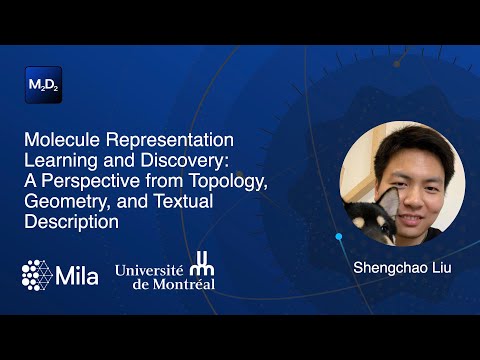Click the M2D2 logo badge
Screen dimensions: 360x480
(42, 84)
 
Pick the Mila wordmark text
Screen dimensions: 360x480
(79, 273)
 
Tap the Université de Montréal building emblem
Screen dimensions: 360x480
(202, 270)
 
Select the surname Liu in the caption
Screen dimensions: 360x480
(434, 269)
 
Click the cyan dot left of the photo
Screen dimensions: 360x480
(338, 237)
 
